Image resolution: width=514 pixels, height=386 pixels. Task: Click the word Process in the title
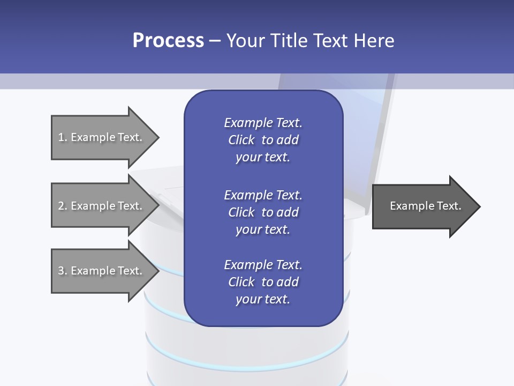168,41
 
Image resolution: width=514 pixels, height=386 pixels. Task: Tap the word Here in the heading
373,41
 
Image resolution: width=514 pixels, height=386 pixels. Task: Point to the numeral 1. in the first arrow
63,137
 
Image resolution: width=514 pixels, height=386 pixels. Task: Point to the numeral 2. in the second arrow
63,206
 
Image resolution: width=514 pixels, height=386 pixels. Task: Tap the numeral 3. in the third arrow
63,271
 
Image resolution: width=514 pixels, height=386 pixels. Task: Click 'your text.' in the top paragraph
263,158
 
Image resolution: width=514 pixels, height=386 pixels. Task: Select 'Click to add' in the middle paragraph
263,212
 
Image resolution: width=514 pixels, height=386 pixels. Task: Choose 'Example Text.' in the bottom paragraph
263,265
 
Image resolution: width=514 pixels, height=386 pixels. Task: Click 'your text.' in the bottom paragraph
263,299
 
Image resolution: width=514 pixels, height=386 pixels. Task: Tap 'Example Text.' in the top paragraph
263,123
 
